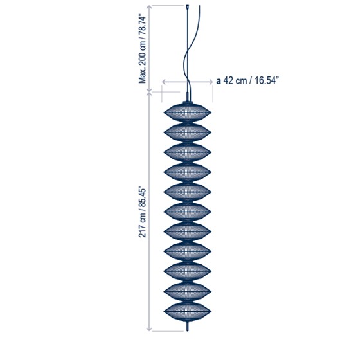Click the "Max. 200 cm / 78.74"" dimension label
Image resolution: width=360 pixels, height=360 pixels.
(x=142, y=49)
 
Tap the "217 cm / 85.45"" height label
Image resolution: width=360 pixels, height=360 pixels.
(x=142, y=213)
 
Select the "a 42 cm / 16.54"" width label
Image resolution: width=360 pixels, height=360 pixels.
(x=248, y=81)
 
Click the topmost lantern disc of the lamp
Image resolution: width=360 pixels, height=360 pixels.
(x=187, y=113)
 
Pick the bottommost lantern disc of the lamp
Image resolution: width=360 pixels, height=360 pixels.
(x=187, y=312)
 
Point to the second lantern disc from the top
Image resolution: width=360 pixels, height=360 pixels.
(x=187, y=132)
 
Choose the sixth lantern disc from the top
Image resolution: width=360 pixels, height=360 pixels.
(x=187, y=212)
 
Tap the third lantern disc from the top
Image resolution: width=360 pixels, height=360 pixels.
(x=187, y=152)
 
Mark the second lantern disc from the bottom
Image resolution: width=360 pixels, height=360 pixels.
(x=187, y=292)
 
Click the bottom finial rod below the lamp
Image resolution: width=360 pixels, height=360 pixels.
(x=188, y=327)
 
